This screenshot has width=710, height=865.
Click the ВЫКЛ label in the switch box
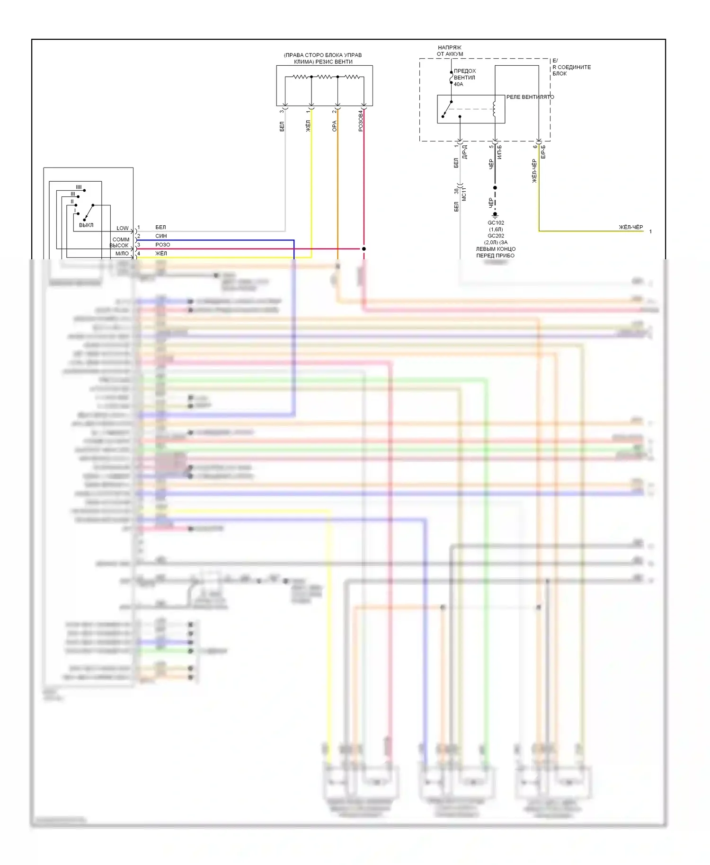(x=86, y=225)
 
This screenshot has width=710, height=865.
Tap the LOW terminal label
(x=123, y=228)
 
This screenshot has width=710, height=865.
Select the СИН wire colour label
(x=161, y=236)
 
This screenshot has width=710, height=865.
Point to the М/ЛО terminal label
(x=122, y=254)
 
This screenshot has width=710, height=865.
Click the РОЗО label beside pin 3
(x=162, y=245)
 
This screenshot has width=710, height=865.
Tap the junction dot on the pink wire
(x=364, y=248)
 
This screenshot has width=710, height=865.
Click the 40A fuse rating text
(x=458, y=84)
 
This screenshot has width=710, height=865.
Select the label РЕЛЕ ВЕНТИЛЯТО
(x=530, y=97)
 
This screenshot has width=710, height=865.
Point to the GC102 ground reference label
(x=496, y=223)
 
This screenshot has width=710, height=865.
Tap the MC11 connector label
(x=464, y=194)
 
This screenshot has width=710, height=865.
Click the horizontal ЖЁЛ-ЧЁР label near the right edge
(x=630, y=228)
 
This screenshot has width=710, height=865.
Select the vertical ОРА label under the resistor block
(x=334, y=126)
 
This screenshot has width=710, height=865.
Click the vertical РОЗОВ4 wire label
(x=361, y=121)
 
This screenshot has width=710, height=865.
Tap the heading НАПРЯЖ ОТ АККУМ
(x=450, y=51)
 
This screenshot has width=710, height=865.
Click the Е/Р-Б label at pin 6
(x=543, y=151)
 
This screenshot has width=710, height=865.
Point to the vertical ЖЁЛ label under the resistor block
(x=308, y=125)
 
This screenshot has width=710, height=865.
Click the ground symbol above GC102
(x=495, y=215)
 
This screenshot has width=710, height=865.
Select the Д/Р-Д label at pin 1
(x=464, y=151)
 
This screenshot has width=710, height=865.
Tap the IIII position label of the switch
(x=79, y=187)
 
